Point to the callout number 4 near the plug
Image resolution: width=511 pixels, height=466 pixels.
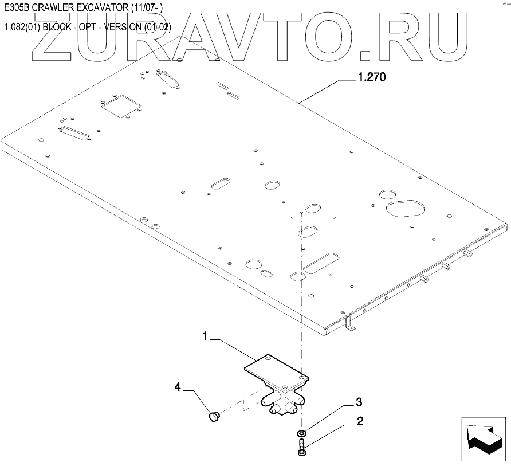[x=178, y=388]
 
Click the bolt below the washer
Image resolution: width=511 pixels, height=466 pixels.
[x=302, y=447]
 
